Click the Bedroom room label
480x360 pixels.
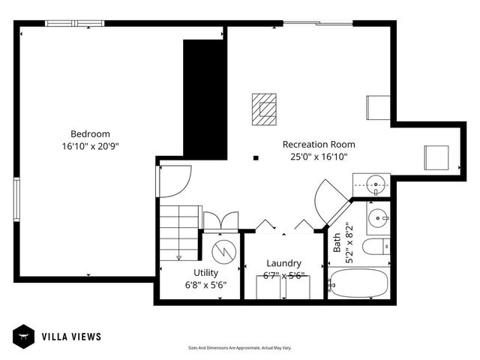pos(90,133)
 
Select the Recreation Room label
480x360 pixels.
pos(319,144)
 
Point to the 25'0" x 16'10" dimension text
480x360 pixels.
pos(319,157)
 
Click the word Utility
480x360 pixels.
pos(205,273)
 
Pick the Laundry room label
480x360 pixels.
pos(284,263)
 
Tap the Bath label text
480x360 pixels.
pos(337,241)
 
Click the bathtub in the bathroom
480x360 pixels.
pos(359,284)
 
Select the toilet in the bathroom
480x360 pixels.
pos(376,246)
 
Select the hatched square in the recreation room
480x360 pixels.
pos(263,107)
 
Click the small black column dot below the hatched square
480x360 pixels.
pos(256,158)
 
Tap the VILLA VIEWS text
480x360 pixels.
pos(70,337)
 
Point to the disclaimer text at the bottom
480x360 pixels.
pos(239,348)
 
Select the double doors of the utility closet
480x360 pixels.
pos(220,221)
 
